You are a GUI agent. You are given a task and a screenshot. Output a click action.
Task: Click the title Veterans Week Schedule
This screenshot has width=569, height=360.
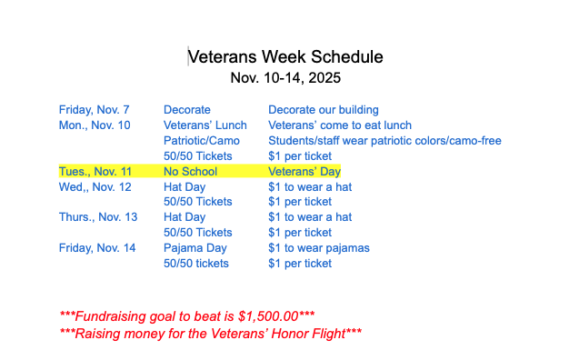284,56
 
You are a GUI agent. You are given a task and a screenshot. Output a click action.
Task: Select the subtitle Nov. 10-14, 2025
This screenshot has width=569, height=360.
284,77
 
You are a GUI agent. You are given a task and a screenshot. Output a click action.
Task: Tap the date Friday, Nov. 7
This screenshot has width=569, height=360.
95,110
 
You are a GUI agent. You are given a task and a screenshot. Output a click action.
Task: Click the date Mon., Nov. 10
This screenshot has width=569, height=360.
95,125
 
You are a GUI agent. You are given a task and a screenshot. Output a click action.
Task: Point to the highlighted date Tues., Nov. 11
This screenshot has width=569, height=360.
95,172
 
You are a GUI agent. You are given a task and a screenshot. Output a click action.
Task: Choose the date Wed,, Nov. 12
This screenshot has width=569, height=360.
95,187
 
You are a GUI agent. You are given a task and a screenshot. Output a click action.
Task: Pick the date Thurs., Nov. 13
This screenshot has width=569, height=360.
98,217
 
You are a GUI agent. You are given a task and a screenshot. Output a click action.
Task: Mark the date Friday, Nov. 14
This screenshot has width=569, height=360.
97,248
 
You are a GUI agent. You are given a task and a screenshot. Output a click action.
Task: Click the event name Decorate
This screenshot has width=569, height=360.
187,110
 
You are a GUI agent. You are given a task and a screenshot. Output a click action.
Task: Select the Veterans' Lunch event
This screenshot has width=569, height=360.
205,125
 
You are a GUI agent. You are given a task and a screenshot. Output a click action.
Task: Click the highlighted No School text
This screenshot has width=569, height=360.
190,172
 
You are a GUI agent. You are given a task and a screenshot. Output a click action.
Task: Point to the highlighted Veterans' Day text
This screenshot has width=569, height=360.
304,172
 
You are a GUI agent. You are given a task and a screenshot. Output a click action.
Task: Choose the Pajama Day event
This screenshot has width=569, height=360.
195,248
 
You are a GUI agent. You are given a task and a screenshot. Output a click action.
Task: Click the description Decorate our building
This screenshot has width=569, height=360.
324,110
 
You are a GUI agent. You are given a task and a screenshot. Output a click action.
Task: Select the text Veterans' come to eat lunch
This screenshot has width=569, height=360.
340,125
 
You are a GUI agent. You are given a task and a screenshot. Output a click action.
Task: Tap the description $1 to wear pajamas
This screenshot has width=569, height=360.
319,248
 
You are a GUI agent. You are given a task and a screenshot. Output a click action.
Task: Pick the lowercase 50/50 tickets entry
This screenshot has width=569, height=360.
196,264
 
